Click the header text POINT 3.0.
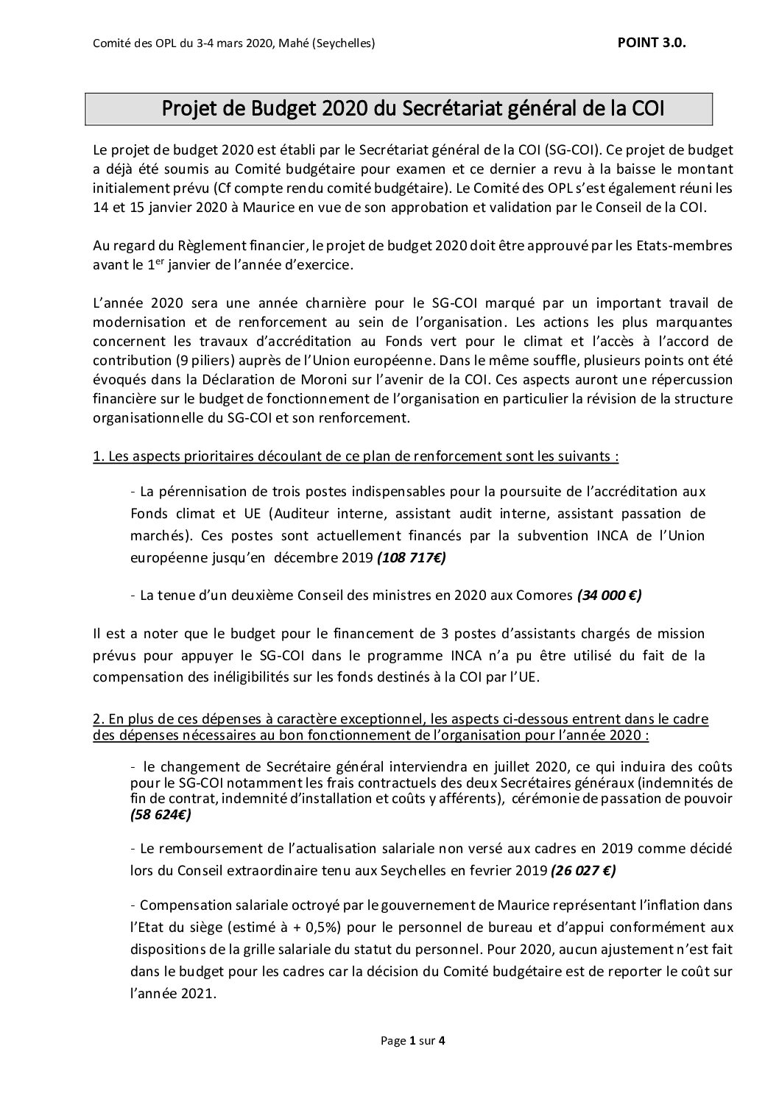click(651, 43)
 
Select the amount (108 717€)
click(411, 558)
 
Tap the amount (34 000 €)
click(609, 596)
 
